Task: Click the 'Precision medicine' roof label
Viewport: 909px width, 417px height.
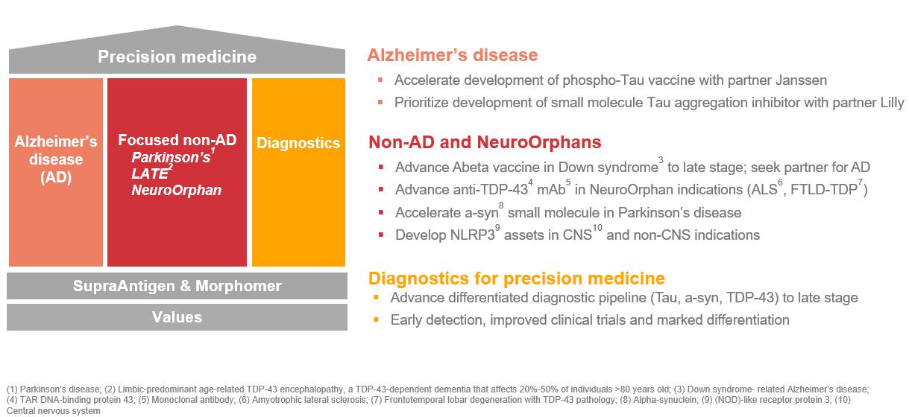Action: point(177,57)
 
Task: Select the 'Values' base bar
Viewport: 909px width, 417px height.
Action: point(177,317)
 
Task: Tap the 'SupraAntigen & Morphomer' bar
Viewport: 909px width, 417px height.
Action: point(177,286)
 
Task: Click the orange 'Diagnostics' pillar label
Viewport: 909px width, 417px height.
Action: point(298,143)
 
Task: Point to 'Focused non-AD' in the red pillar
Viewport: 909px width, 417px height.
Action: point(177,140)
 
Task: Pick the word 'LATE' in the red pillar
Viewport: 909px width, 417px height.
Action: point(149,174)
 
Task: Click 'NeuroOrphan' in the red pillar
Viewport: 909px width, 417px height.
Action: point(177,190)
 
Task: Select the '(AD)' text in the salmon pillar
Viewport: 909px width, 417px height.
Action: point(56,177)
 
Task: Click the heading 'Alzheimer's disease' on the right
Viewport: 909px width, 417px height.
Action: point(453,55)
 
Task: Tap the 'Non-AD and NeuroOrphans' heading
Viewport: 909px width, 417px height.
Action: point(485,142)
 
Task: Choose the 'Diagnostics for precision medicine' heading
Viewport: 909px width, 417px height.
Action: point(517,278)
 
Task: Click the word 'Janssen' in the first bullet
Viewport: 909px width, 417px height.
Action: point(801,80)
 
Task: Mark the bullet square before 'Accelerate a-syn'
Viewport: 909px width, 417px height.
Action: point(380,212)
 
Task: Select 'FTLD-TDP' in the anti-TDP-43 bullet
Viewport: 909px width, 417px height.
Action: point(824,190)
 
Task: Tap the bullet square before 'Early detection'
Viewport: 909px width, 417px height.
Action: point(376,319)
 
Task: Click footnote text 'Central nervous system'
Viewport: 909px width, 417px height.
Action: point(54,411)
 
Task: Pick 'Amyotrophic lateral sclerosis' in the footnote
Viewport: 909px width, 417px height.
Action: point(309,400)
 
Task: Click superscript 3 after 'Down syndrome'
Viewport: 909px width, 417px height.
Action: point(661,160)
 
